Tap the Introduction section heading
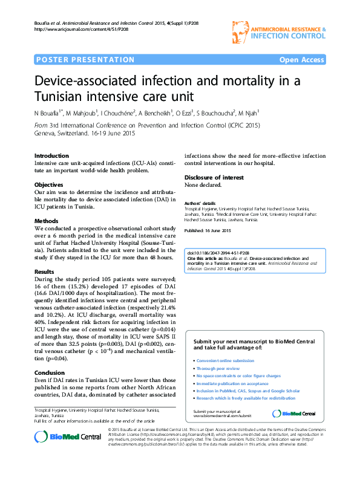51,156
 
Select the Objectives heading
49,184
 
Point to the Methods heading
47,221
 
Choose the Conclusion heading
49,373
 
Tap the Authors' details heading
200,203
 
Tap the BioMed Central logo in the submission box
294,413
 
